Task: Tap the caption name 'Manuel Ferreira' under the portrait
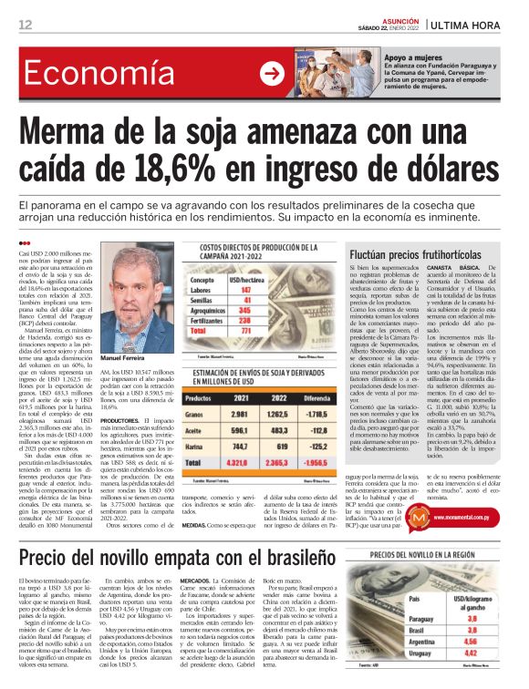122,357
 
